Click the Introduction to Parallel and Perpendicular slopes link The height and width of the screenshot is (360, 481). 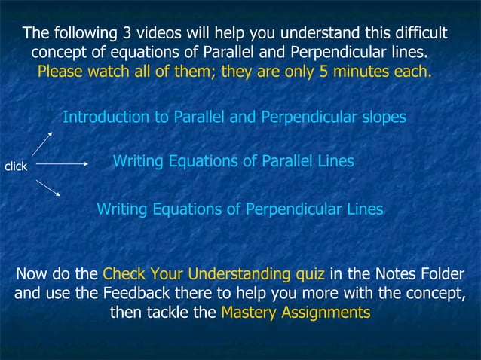point(234,117)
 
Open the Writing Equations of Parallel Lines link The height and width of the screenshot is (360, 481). point(233,162)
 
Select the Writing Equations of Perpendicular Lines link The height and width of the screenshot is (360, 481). point(240,209)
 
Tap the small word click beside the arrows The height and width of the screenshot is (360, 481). point(16,166)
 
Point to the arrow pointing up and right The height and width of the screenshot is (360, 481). point(42,143)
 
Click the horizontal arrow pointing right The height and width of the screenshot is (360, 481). point(63,163)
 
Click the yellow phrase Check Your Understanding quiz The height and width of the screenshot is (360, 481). point(213,273)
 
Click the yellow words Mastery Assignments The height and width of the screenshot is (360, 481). point(296,312)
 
